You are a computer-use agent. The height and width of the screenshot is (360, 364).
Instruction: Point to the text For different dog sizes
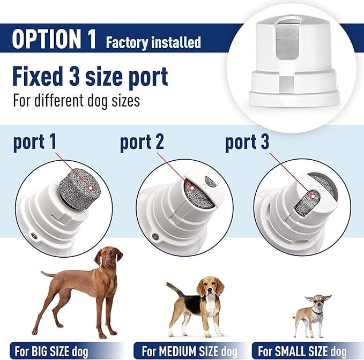[76, 100]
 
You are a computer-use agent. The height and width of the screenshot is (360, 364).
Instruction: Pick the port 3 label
[247, 143]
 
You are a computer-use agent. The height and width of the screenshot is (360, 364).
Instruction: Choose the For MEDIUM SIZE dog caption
[190, 351]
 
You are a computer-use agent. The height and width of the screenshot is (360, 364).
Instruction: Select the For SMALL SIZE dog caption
[308, 351]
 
